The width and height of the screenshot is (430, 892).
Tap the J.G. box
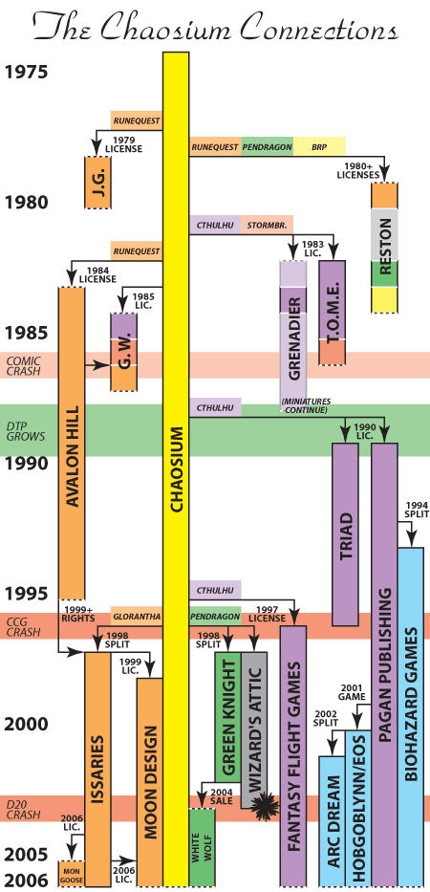[x=97, y=182]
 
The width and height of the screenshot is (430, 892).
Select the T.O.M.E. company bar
[x=333, y=313]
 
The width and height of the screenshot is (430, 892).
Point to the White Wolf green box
[x=203, y=847]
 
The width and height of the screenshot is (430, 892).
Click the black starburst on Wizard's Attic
[x=264, y=806]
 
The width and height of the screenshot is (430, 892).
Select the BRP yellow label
[x=320, y=147]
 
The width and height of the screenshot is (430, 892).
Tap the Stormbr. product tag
[x=268, y=225]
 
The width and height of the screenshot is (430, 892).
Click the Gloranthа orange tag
[x=137, y=616]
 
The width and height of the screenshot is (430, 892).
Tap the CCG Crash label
[x=19, y=626]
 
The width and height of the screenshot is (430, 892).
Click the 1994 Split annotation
[x=414, y=510]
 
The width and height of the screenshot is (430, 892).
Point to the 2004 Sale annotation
[x=222, y=795]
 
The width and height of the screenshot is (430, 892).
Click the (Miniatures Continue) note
[x=306, y=405]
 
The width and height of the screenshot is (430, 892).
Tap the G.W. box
[x=124, y=352]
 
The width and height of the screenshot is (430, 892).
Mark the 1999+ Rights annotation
[x=77, y=615]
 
